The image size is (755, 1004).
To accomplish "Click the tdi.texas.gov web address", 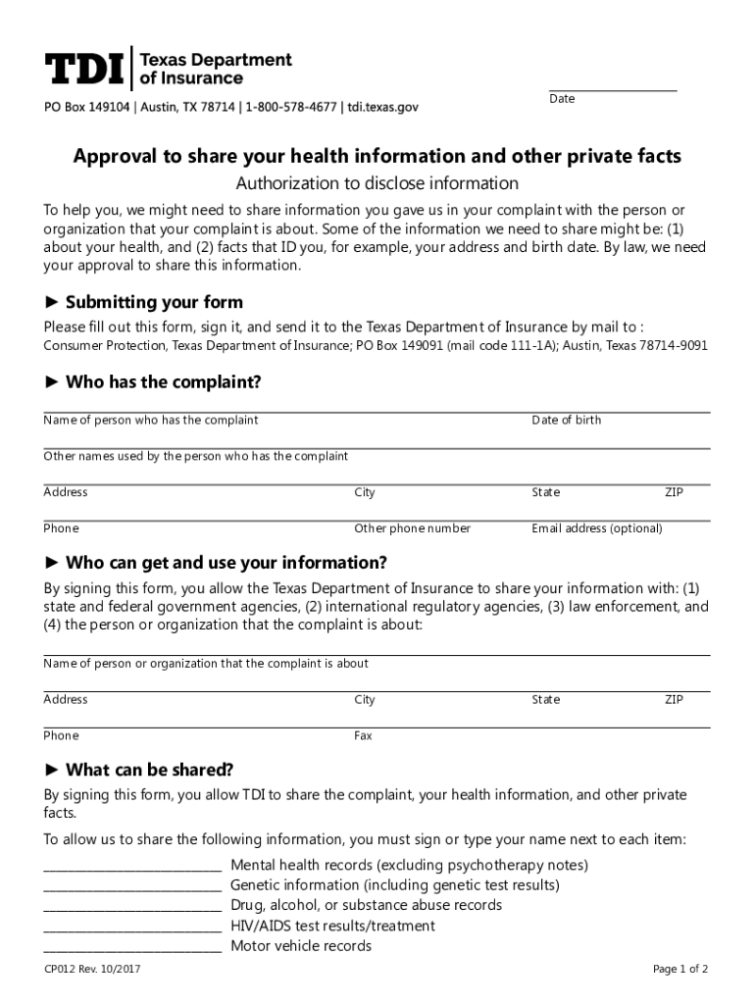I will pos(383,107).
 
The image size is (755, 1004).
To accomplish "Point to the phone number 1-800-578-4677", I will pos(290,107).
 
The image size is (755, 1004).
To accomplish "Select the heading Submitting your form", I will pos(153,302).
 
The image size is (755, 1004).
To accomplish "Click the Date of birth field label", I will pos(567,421).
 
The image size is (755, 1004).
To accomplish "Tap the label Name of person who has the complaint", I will pos(151,421).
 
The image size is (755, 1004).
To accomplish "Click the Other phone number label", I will pos(412,528).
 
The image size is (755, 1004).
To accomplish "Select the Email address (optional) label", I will pos(597,528).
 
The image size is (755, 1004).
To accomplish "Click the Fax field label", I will pos(363,736).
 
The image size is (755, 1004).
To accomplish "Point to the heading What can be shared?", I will pos(149,770).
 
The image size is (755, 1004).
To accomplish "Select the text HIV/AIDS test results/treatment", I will pos(332,926).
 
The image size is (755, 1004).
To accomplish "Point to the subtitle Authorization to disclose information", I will pos(377,183).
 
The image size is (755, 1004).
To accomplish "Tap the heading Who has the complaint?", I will pos(163,382).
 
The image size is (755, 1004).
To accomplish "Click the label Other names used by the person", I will pos(196,457).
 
